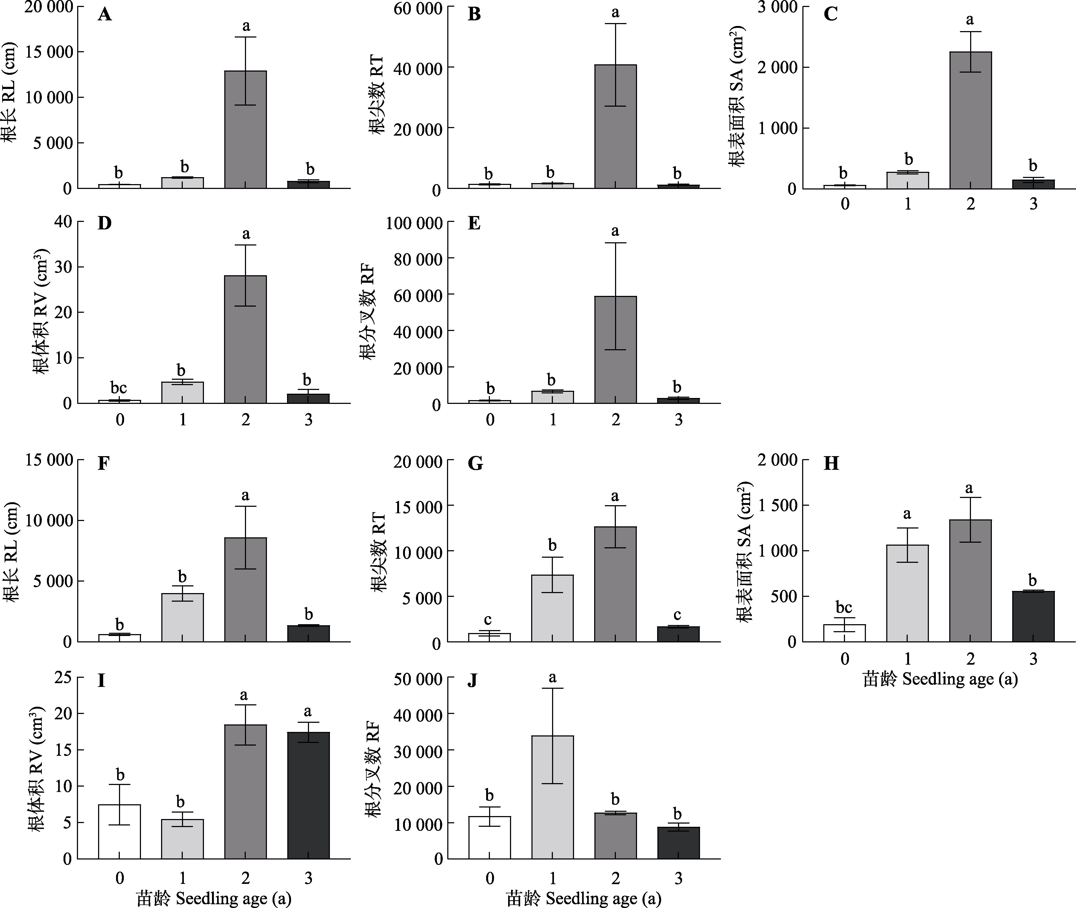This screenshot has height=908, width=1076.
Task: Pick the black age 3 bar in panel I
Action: (308, 795)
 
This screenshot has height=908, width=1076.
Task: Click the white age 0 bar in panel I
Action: (119, 831)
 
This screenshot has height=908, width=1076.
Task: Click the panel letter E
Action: (474, 224)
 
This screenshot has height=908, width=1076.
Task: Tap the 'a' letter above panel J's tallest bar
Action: (552, 678)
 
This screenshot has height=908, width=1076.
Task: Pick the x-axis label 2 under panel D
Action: (245, 420)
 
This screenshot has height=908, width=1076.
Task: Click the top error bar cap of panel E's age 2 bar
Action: (615, 243)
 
